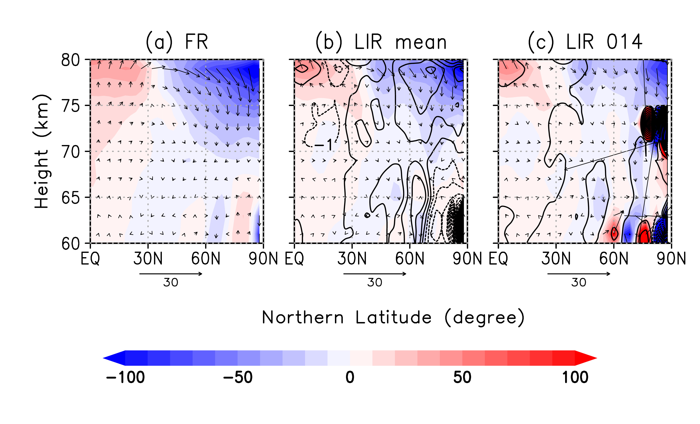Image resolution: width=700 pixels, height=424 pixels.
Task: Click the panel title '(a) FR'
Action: click(x=177, y=42)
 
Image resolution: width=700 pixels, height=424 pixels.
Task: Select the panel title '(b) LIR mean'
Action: click(x=381, y=43)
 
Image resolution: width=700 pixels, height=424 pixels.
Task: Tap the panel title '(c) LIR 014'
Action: click(x=585, y=42)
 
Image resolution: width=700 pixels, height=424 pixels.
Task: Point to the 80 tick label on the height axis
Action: click(x=70, y=60)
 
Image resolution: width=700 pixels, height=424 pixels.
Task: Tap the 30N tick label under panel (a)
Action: click(x=148, y=259)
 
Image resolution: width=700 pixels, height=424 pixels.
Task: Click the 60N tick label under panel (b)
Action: click(x=410, y=259)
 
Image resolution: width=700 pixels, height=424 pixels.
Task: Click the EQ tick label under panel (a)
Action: click(x=90, y=259)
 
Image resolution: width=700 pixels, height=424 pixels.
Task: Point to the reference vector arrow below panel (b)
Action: click(x=375, y=274)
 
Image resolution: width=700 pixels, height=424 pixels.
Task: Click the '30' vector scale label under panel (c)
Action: click(x=578, y=283)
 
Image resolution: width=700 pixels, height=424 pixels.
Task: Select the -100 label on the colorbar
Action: click(x=125, y=377)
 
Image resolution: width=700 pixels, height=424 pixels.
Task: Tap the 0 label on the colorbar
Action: click(x=350, y=377)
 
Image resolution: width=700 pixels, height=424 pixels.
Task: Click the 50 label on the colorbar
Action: click(x=462, y=377)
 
